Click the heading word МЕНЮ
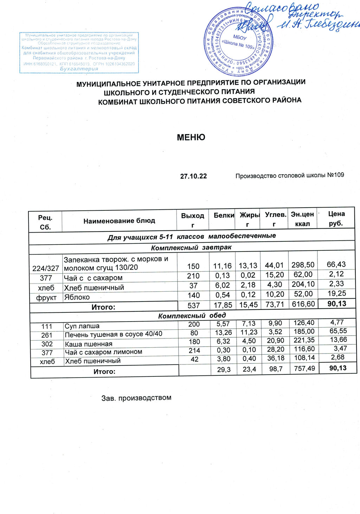(x=191, y=137)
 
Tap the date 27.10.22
(x=193, y=176)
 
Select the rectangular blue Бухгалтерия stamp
(x=79, y=53)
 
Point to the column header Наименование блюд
(x=119, y=221)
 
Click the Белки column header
(x=224, y=215)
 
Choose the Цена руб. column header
(x=336, y=218)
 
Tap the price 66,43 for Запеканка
(x=336, y=264)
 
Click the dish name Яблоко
(x=77, y=297)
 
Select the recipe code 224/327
(x=46, y=268)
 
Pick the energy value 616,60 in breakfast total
(x=303, y=304)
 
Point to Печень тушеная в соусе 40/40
(x=114, y=334)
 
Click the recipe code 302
(x=47, y=344)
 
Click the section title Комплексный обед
(x=192, y=316)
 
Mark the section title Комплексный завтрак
(x=191, y=248)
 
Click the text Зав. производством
(x=136, y=398)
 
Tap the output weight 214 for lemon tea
(x=194, y=350)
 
